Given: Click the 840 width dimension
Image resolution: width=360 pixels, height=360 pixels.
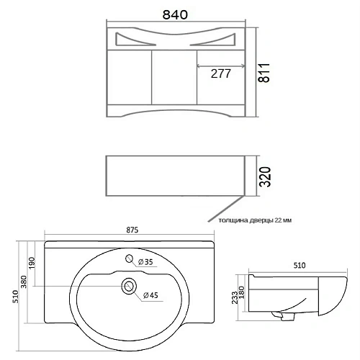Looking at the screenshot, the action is pos(175,14).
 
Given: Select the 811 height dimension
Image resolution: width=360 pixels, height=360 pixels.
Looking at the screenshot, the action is pos(264,73).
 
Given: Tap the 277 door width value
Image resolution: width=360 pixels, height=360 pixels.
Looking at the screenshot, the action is pos(221,73).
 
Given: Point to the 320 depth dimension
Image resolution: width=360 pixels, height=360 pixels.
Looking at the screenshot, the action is pos(266,177).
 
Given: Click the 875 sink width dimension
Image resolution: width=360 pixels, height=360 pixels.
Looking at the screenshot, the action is pos(132,230).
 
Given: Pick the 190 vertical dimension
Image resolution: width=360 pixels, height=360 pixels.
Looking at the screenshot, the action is pos(32,263).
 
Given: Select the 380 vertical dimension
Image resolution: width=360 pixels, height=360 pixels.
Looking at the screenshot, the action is pos(24,282).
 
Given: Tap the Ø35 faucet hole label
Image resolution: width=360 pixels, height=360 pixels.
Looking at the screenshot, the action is pos(145,262).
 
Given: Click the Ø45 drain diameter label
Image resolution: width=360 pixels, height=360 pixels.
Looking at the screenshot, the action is pos(150,295).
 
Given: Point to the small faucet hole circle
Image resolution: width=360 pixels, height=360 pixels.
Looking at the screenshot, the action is pos(130,258).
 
